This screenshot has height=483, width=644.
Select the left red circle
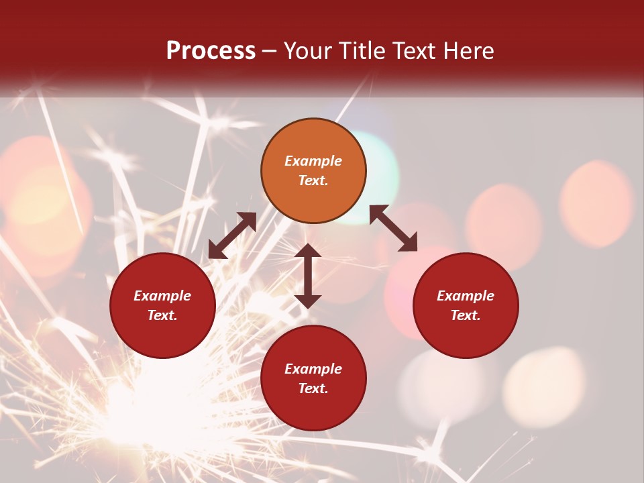coord(162,305)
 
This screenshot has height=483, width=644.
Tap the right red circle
coord(466,305)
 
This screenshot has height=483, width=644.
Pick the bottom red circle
coord(313,378)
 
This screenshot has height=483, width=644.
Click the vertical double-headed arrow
coord(307,276)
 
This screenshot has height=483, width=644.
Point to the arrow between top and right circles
coord(393,228)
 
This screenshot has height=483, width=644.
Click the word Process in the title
coord(211,51)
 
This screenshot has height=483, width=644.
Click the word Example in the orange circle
coord(313,161)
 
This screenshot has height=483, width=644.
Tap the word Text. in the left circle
coord(162,315)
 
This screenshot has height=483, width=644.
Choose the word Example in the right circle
coord(466,296)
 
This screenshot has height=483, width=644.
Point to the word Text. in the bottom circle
coord(313,388)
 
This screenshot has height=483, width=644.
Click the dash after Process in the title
coord(270,52)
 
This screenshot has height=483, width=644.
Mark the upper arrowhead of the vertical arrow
coord(307,251)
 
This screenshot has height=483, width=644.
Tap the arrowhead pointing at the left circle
coord(216,251)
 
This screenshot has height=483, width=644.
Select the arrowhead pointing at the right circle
coord(409,244)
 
